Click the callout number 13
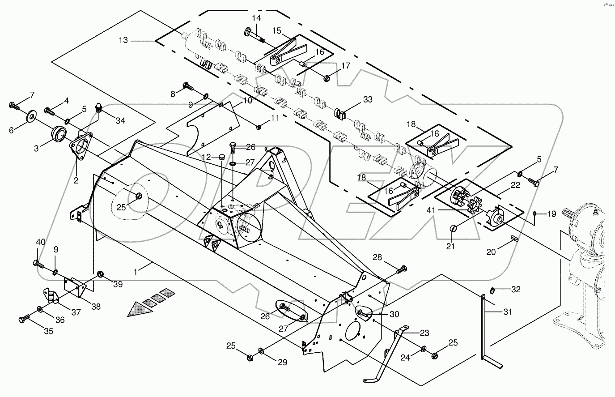(x=123, y=40)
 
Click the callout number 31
(x=507, y=312)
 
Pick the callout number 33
(x=367, y=100)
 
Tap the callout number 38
(x=96, y=307)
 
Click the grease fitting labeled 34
(x=100, y=108)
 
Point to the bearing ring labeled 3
(x=58, y=133)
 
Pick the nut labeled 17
(x=327, y=78)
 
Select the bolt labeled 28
(x=402, y=269)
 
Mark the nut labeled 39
(x=100, y=273)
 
